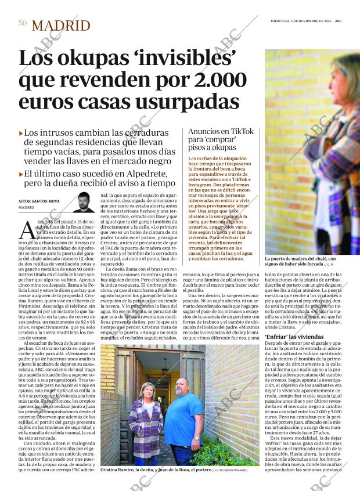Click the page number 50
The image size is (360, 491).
point(23,24)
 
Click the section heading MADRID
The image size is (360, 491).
point(61,26)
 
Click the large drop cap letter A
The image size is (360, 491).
point(27,231)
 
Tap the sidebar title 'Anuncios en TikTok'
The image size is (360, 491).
point(221,132)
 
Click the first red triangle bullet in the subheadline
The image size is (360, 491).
point(21,133)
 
